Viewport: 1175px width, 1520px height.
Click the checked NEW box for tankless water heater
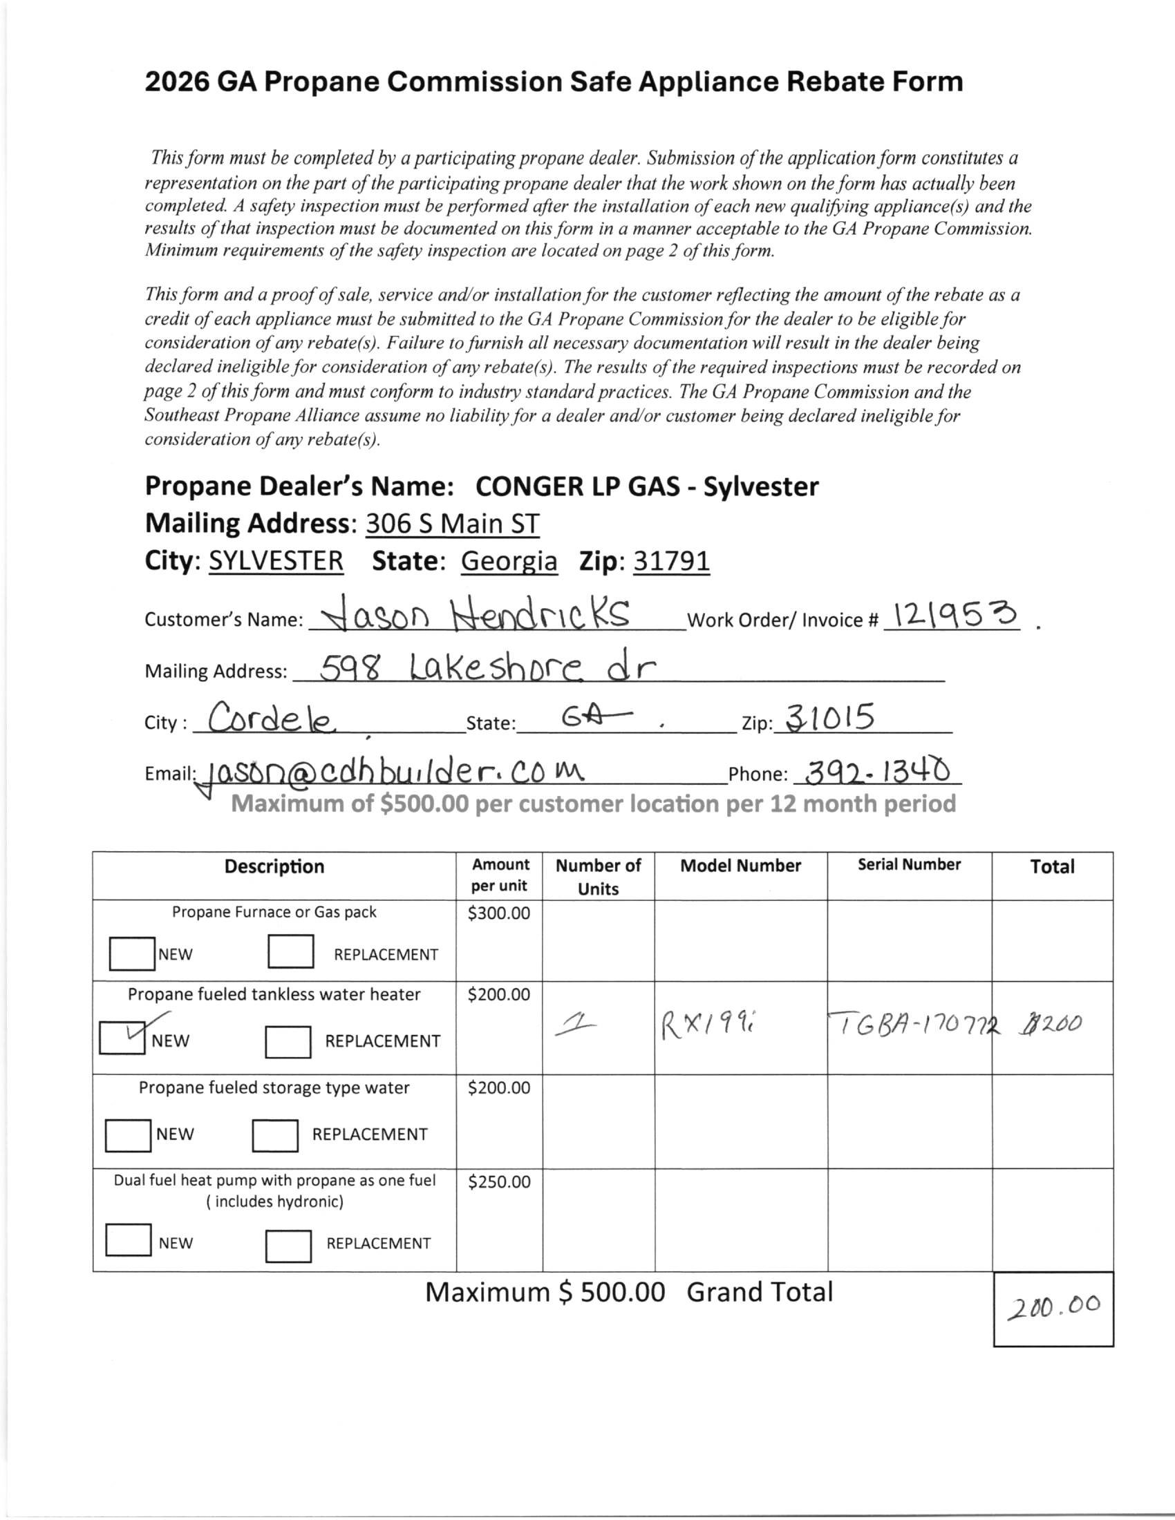(122, 1036)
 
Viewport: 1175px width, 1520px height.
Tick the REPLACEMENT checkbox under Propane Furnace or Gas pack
(290, 952)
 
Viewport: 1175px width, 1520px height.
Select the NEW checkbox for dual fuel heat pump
(128, 1239)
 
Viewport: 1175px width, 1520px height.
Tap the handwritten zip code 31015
(829, 717)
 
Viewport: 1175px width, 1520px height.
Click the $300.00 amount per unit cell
(498, 913)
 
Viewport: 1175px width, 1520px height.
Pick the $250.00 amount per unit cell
(498, 1181)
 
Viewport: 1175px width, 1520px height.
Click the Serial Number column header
(908, 864)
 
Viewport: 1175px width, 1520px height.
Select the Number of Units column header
(598, 876)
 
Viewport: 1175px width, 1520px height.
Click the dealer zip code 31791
(671, 561)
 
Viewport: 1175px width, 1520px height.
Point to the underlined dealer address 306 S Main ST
(453, 524)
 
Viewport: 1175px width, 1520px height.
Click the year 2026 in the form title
(177, 82)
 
